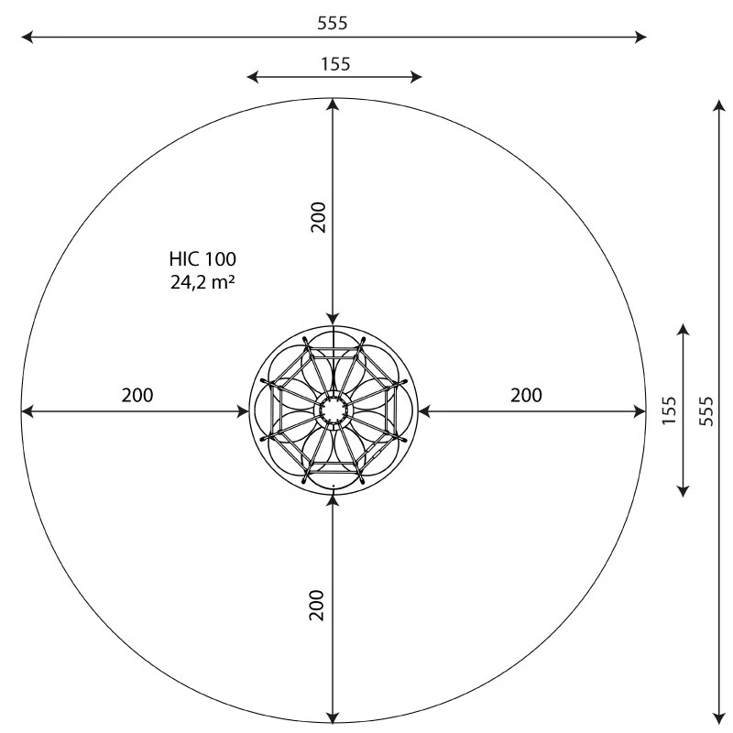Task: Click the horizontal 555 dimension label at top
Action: tap(333, 23)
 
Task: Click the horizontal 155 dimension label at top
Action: tap(335, 63)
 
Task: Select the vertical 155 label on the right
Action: tap(669, 410)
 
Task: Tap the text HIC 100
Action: tap(202, 259)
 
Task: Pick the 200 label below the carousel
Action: tap(318, 605)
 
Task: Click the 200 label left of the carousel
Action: tap(137, 396)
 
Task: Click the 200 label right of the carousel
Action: tap(526, 396)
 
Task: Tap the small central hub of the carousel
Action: tap(334, 410)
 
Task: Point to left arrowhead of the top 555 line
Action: tap(27, 37)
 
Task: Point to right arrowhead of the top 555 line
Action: tap(641, 37)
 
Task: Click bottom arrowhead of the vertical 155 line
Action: tap(684, 491)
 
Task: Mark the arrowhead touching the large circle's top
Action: tap(334, 104)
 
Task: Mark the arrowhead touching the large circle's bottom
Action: tap(334, 717)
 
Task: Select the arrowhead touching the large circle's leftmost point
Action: tap(27, 411)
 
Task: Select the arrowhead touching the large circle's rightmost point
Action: tap(640, 411)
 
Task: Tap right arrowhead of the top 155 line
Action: tap(417, 77)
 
